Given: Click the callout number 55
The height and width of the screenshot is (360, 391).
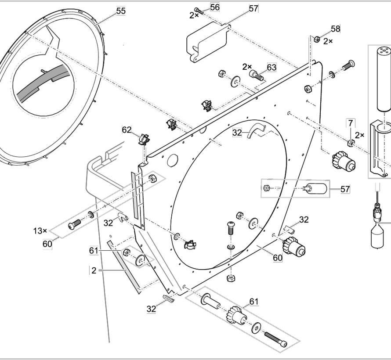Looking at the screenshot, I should click(x=120, y=12).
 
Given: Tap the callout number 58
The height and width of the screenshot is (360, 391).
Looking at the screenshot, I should click(x=335, y=29).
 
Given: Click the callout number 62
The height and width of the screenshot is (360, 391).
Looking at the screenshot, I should click(x=127, y=130).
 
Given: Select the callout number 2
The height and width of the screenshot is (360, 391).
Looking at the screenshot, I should click(x=94, y=270).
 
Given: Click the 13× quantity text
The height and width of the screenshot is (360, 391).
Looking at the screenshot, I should click(x=40, y=230).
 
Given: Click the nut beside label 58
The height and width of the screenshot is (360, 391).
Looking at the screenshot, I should click(x=316, y=39).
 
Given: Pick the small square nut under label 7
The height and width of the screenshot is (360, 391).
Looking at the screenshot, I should click(x=351, y=143).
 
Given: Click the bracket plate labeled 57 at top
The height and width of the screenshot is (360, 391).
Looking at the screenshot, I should click(x=206, y=43).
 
